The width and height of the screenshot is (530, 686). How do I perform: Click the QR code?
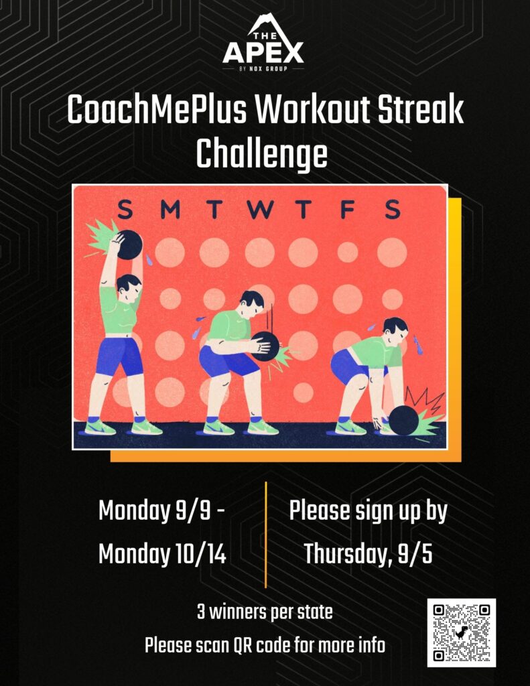[x=461, y=632]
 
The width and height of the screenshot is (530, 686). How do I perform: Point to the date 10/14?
[x=200, y=554]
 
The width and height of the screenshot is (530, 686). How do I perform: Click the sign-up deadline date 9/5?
[x=415, y=554]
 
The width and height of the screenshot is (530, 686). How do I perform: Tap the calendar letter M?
[x=170, y=209]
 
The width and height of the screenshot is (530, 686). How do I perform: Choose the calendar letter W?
[x=259, y=209]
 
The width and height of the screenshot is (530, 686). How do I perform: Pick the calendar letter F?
[x=348, y=209]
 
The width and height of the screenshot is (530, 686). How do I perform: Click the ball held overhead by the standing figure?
[x=129, y=245]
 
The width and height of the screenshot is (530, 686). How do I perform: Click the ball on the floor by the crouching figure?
[x=403, y=421]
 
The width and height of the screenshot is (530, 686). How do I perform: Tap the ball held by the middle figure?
[x=265, y=346]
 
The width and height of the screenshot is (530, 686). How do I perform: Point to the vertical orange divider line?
[x=265, y=535]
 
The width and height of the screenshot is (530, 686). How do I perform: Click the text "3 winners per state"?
[x=265, y=612]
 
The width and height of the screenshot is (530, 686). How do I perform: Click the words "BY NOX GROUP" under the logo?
[x=263, y=69]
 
